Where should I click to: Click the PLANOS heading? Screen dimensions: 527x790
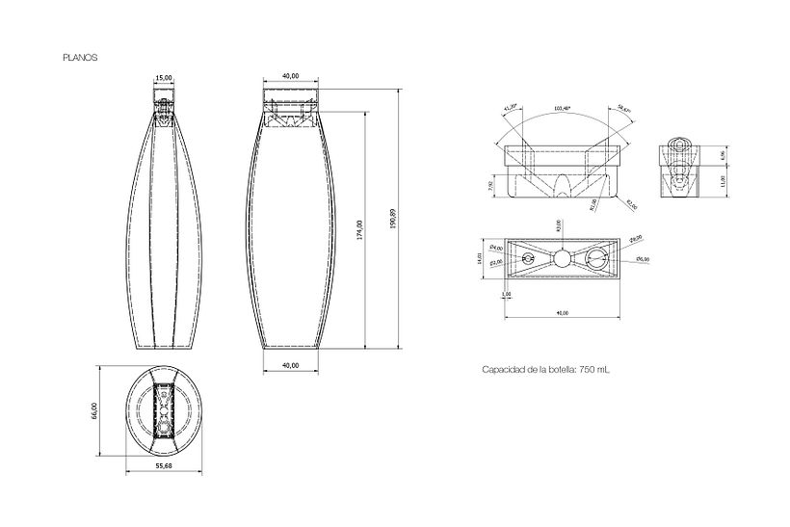[x=79, y=57]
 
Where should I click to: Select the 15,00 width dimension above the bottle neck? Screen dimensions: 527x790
[x=165, y=77]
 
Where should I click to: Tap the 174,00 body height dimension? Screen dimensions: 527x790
[x=359, y=228]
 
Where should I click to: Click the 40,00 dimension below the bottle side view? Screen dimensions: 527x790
[x=291, y=365]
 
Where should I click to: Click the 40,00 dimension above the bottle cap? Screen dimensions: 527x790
[x=291, y=77]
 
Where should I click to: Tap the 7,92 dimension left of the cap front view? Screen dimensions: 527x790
[x=490, y=184]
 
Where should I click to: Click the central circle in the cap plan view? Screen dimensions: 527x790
[x=560, y=257]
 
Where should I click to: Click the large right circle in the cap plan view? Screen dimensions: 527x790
[x=597, y=257]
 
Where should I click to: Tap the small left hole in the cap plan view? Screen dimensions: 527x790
[x=524, y=257]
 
